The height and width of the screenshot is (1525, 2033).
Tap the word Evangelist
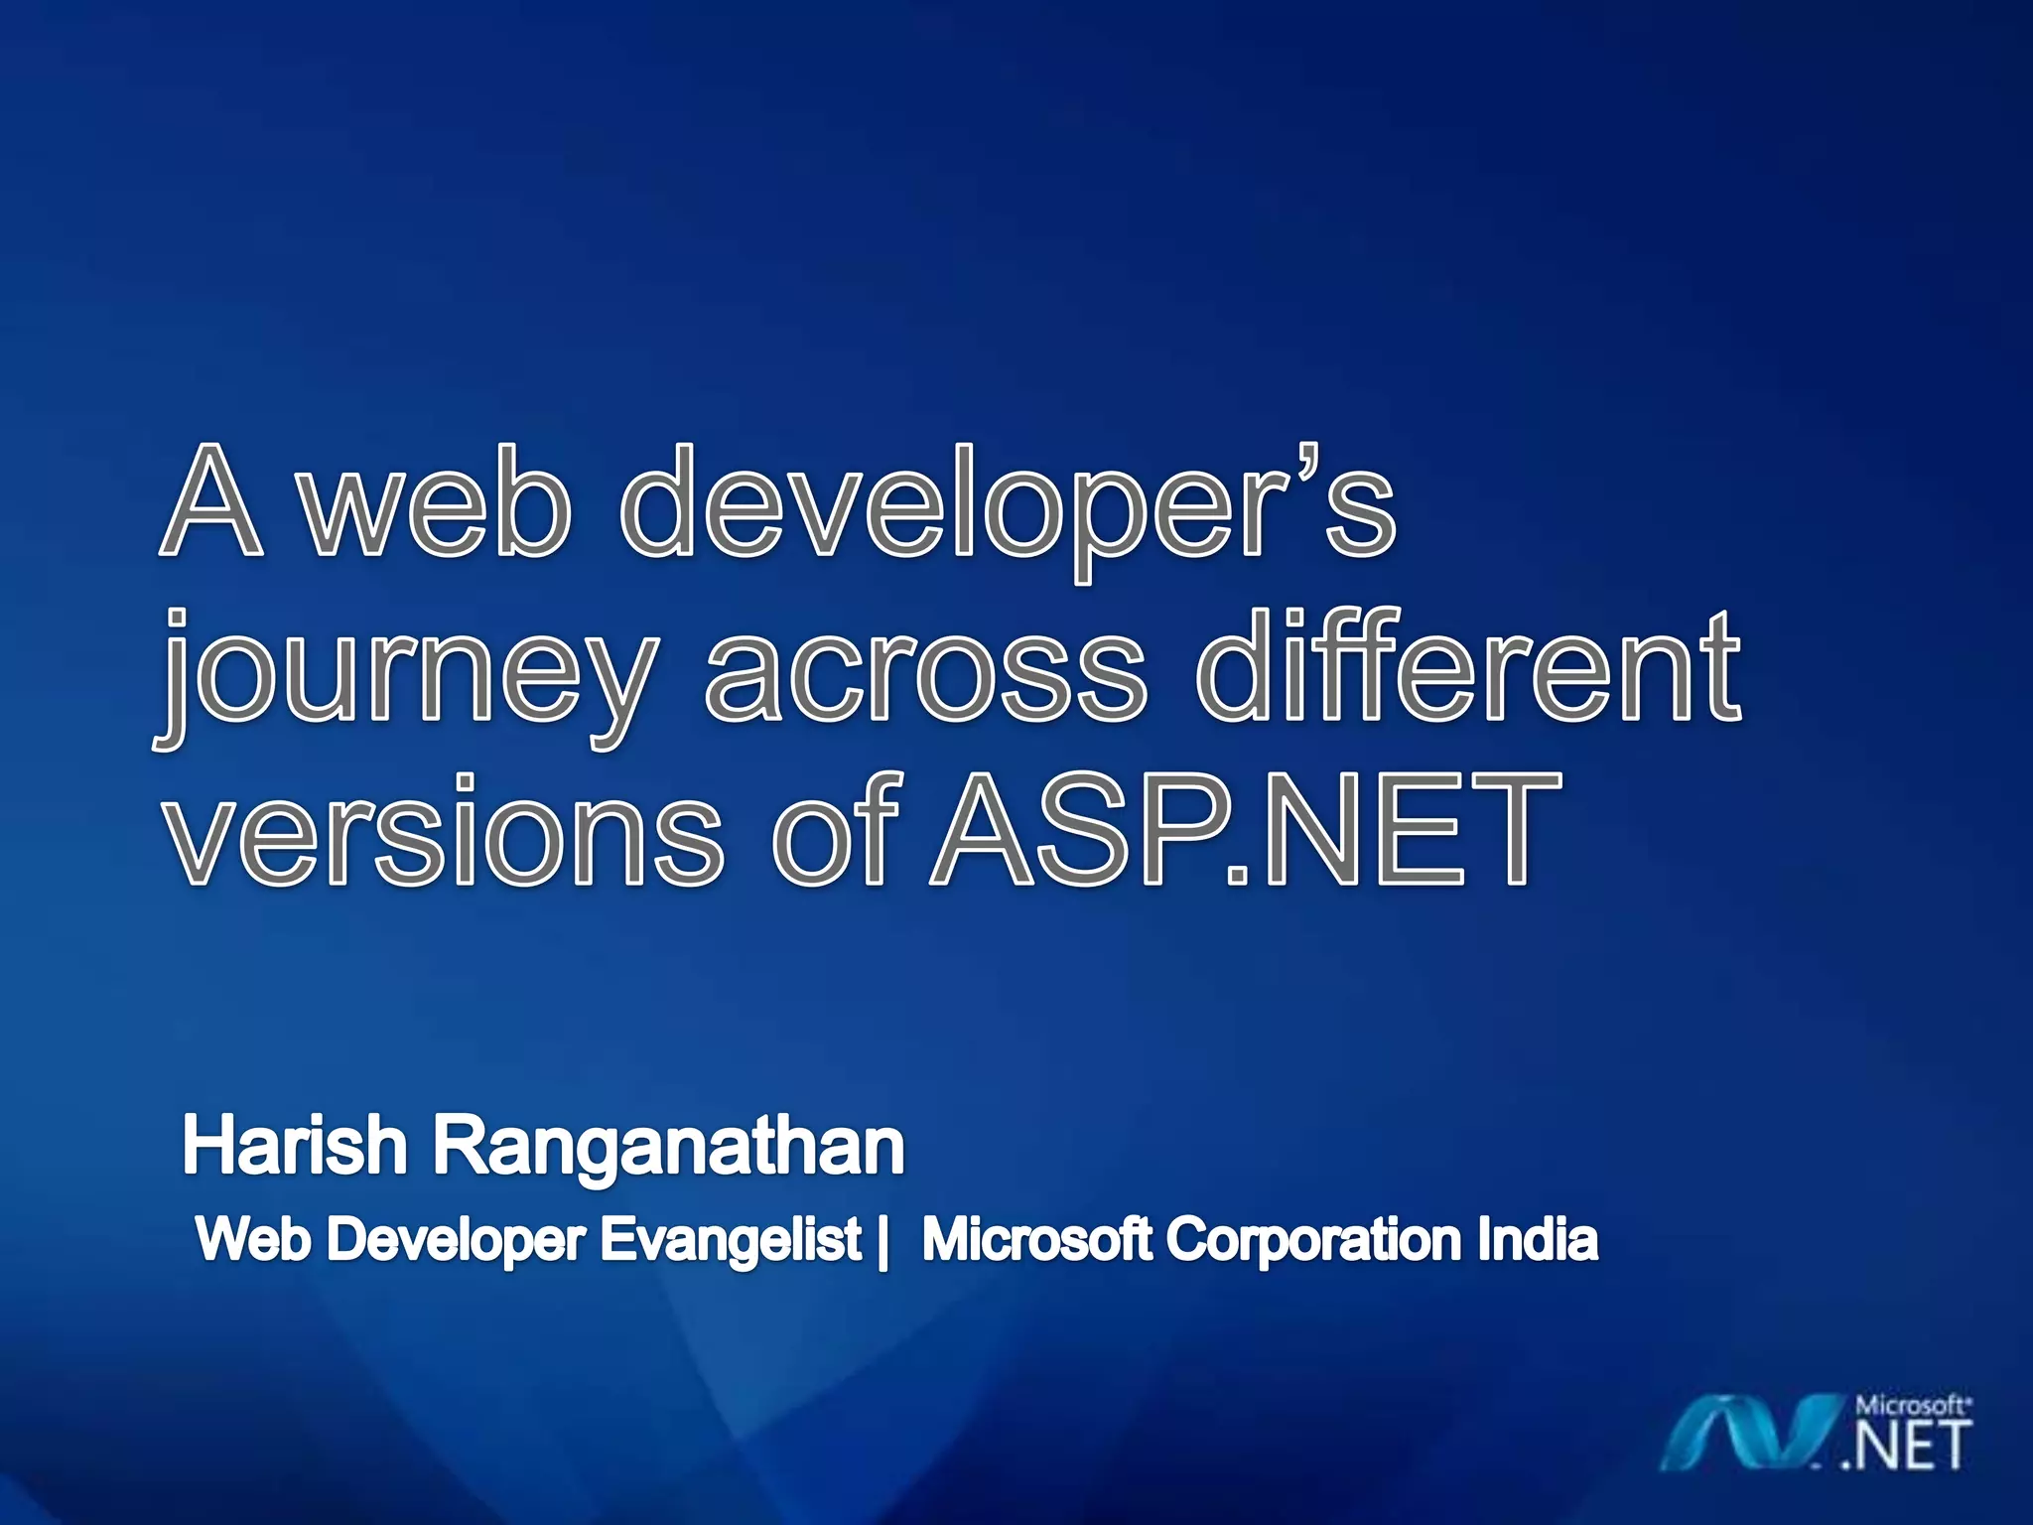[732, 1242]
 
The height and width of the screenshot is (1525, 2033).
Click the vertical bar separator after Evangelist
[882, 1242]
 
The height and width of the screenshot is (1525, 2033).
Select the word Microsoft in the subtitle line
[1036, 1240]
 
